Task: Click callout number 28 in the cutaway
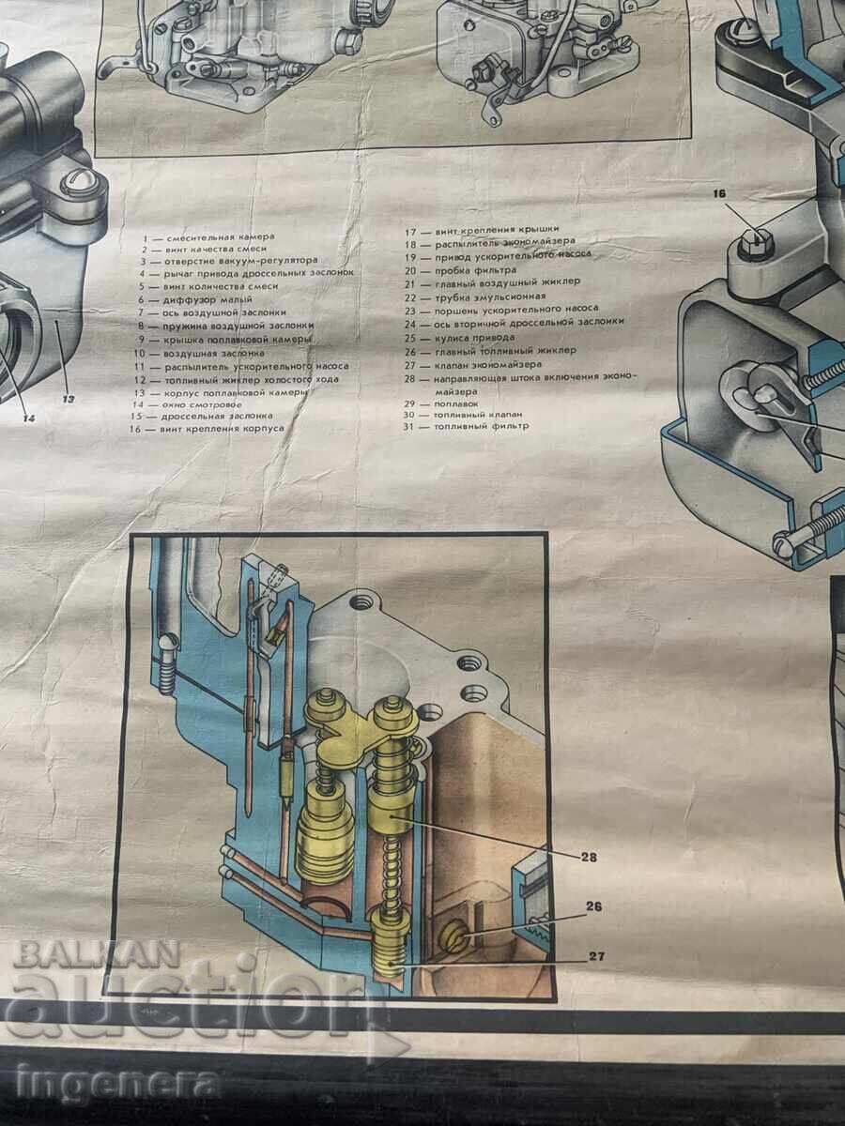tap(589, 857)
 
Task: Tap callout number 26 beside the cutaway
tap(593, 907)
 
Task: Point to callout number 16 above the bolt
tap(746, 195)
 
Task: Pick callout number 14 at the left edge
tap(29, 418)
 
